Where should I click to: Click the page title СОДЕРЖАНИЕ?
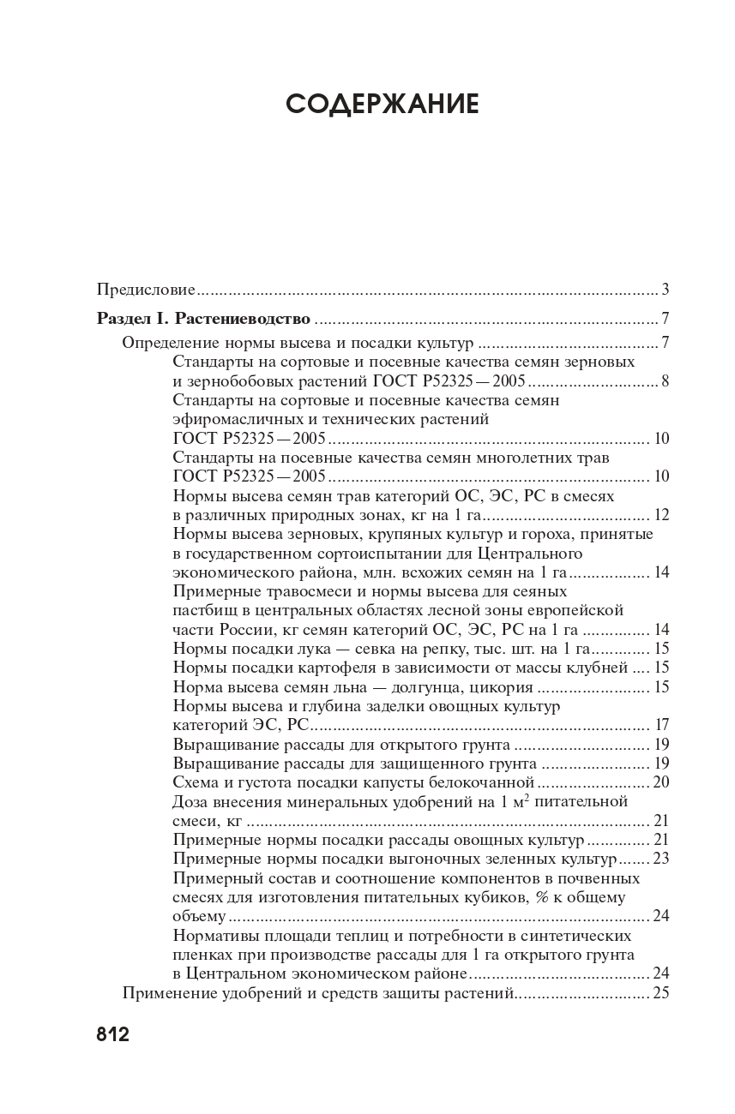tap(382, 104)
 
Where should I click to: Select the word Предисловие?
tap(146, 288)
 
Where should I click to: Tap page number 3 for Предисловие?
tap(665, 288)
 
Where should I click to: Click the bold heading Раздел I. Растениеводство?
tap(203, 319)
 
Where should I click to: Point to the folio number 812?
tap(112, 1033)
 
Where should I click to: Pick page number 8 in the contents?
tap(665, 381)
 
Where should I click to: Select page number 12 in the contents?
tap(661, 515)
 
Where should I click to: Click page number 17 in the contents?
tap(661, 724)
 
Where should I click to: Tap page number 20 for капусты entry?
tap(661, 782)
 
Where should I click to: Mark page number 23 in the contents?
tap(661, 858)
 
